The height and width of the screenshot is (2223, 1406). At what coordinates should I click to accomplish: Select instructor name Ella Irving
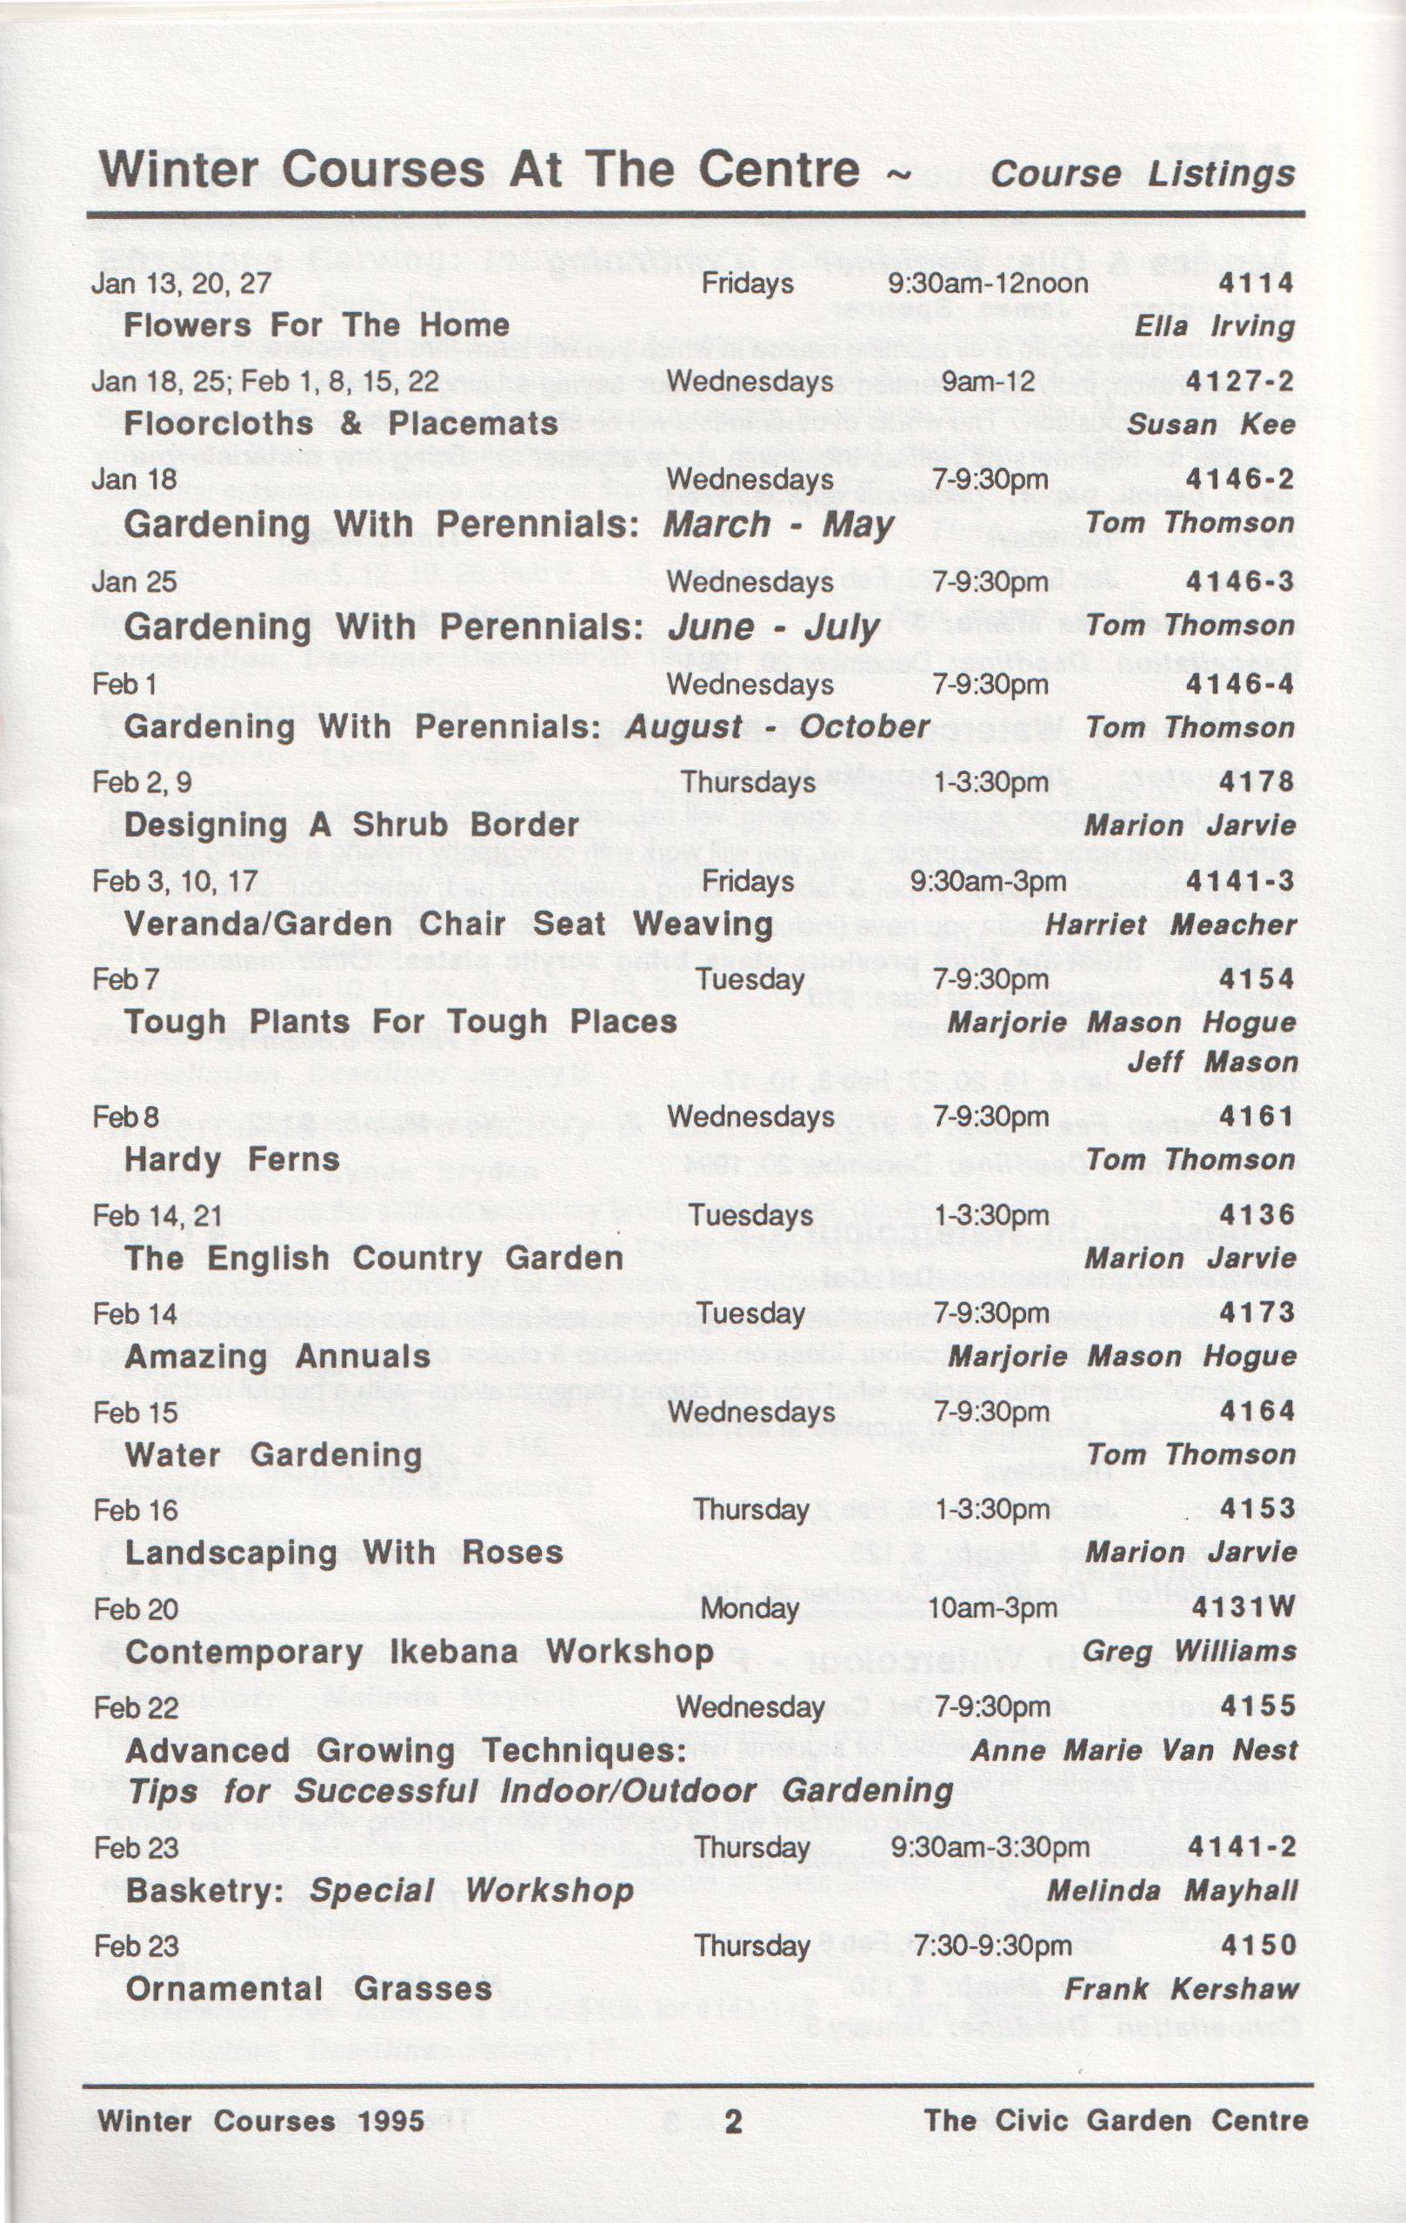click(x=1214, y=326)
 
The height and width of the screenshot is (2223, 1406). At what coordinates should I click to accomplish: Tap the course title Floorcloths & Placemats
click(x=341, y=424)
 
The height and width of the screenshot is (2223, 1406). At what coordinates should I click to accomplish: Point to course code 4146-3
click(x=1240, y=582)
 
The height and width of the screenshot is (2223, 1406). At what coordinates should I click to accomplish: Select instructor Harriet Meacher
click(x=1170, y=925)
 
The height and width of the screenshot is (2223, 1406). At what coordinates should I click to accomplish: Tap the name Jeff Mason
click(x=1212, y=1062)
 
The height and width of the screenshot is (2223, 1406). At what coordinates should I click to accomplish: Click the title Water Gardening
click(x=273, y=1455)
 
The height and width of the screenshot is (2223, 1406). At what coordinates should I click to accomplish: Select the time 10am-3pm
click(x=991, y=1608)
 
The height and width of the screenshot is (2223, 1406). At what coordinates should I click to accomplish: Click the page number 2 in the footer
click(x=733, y=2121)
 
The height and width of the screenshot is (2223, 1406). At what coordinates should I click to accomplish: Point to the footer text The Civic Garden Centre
click(x=1116, y=2120)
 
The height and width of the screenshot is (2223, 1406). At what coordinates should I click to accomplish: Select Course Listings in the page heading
click(x=1142, y=175)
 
